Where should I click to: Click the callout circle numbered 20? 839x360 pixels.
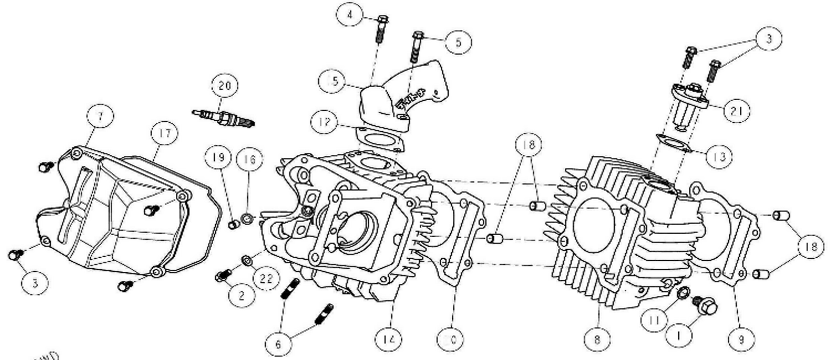(225, 86)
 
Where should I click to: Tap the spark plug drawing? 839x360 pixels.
(224, 118)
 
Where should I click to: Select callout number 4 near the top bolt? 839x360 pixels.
(351, 15)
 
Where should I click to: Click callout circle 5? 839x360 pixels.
(458, 42)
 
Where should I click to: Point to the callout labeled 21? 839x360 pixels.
(736, 111)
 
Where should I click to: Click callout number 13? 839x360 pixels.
(719, 156)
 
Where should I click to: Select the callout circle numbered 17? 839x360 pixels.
(165, 134)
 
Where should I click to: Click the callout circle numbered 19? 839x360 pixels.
(219, 156)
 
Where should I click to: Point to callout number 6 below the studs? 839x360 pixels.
(278, 344)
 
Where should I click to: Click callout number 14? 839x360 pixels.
(389, 340)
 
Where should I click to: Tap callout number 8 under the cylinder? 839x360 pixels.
(597, 340)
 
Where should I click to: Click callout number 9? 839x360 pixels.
(741, 340)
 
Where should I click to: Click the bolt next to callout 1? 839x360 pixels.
(703, 305)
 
